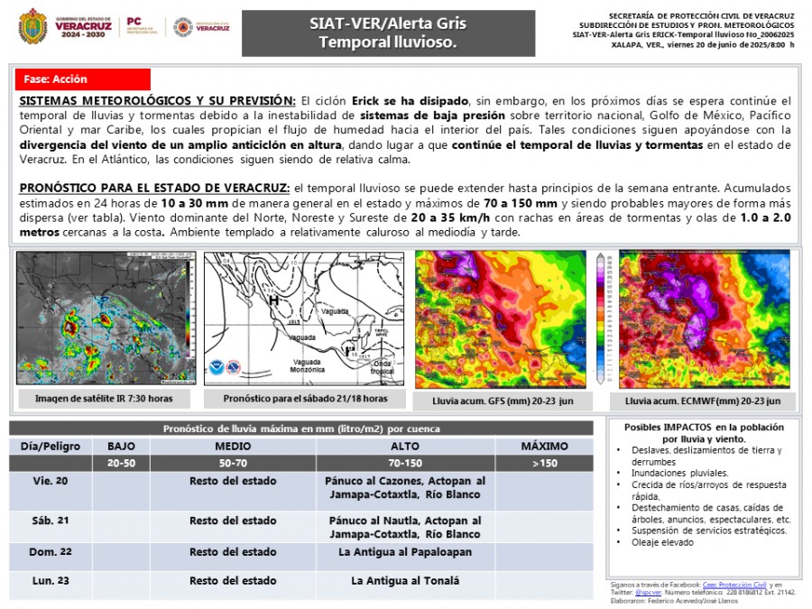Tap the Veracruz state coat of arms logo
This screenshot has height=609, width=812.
click(x=33, y=25)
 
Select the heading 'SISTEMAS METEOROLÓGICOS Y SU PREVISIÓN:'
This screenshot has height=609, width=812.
click(x=157, y=99)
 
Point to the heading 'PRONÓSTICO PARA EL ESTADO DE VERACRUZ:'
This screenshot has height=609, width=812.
click(x=154, y=187)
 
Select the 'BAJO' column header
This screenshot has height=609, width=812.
click(x=121, y=446)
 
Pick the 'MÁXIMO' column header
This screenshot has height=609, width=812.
click(x=544, y=446)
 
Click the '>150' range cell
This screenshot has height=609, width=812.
click(x=544, y=463)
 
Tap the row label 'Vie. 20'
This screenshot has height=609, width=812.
click(x=51, y=481)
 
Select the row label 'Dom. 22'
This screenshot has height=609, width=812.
click(x=51, y=551)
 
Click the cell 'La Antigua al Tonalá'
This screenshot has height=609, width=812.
click(x=405, y=581)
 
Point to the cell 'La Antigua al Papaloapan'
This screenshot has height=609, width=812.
click(x=405, y=551)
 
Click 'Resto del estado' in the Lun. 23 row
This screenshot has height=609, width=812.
click(x=233, y=581)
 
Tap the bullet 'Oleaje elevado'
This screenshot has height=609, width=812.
click(x=664, y=542)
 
